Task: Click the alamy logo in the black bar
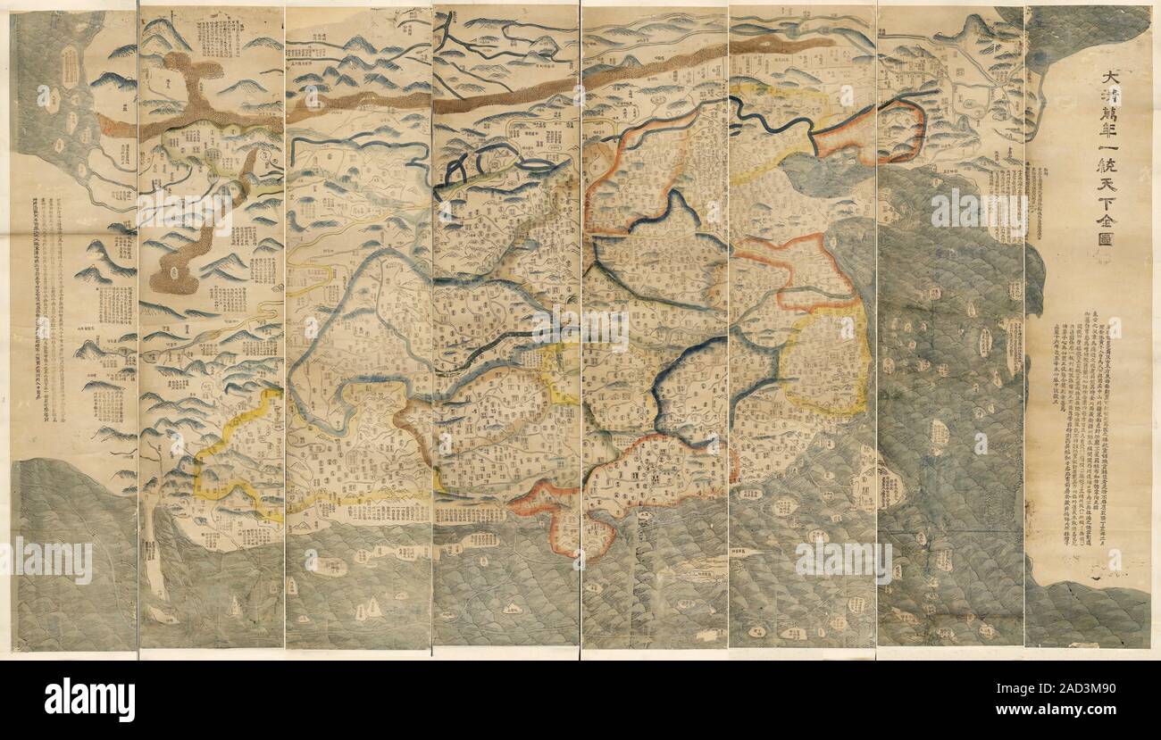pyautogui.click(x=89, y=699)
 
